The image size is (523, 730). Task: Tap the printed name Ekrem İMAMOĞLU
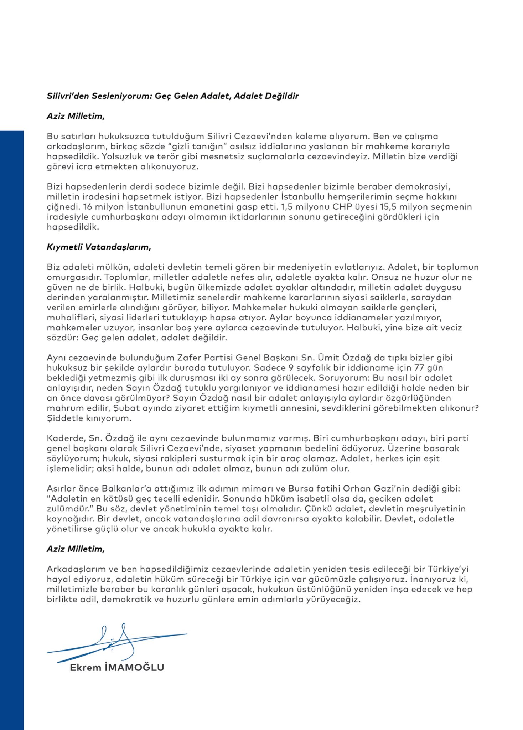point(117,668)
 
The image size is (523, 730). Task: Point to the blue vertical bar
point(12,428)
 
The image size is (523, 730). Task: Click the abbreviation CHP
point(342,207)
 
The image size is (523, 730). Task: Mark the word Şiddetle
point(65,418)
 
